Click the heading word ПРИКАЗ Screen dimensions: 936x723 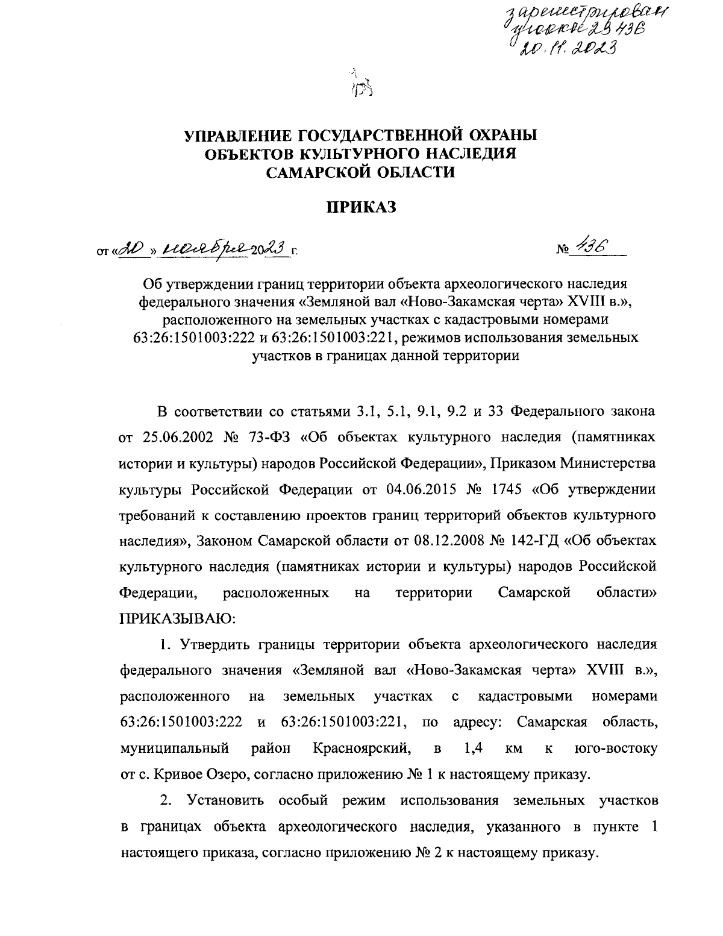pos(361,208)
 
